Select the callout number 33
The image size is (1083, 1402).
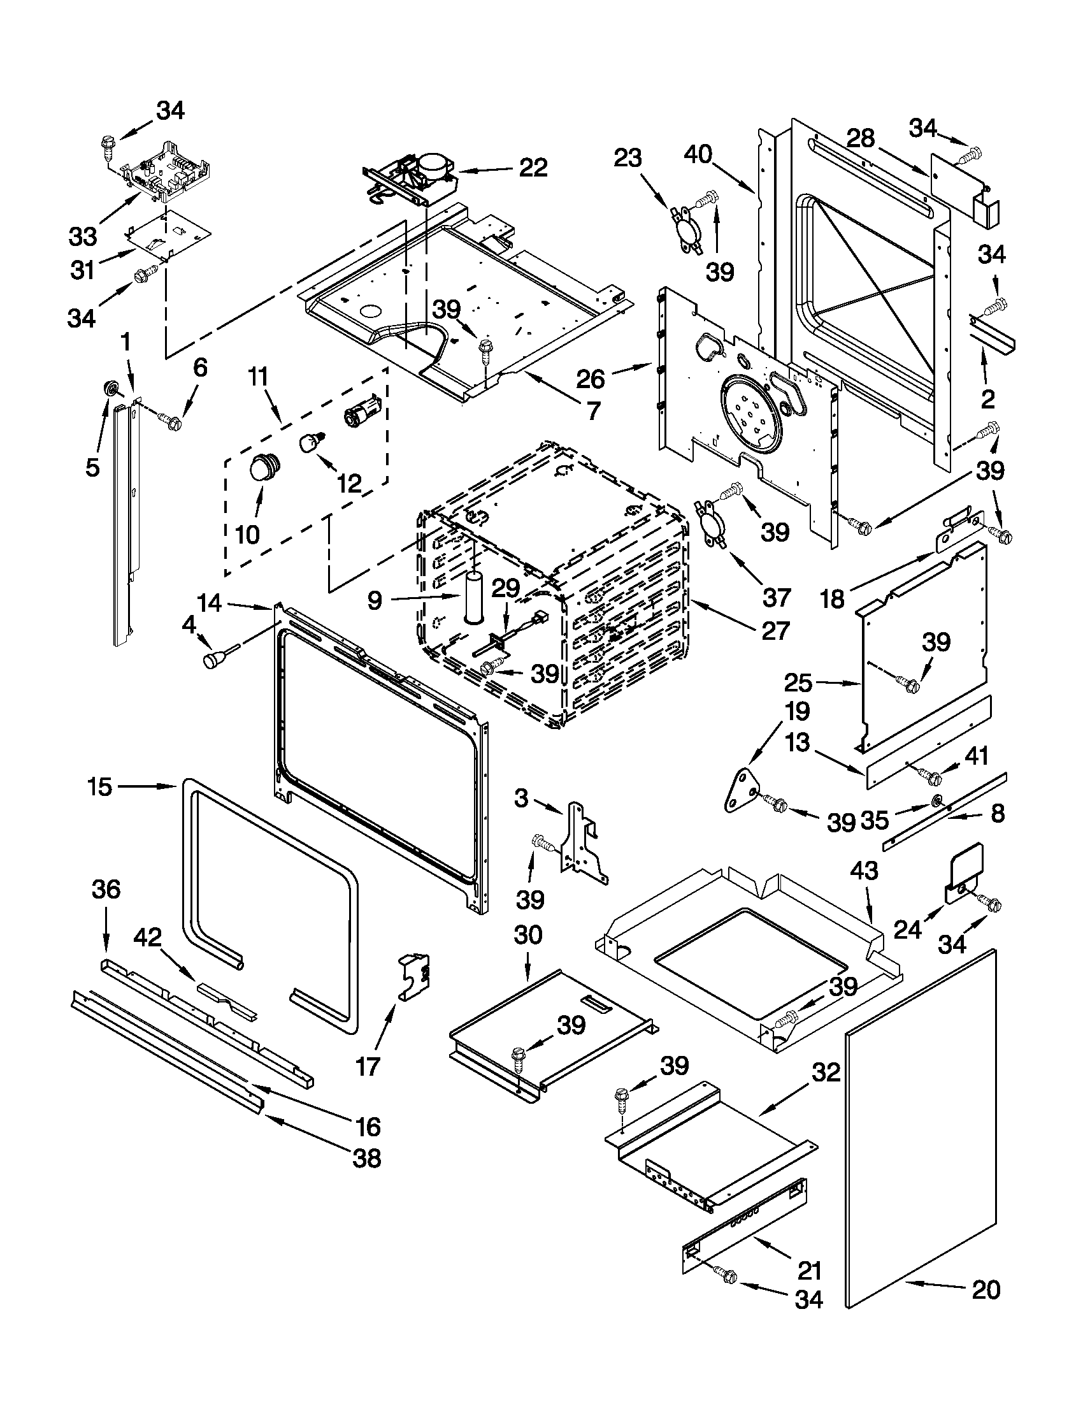pos(83,236)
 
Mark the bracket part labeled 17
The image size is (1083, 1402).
pos(414,976)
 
